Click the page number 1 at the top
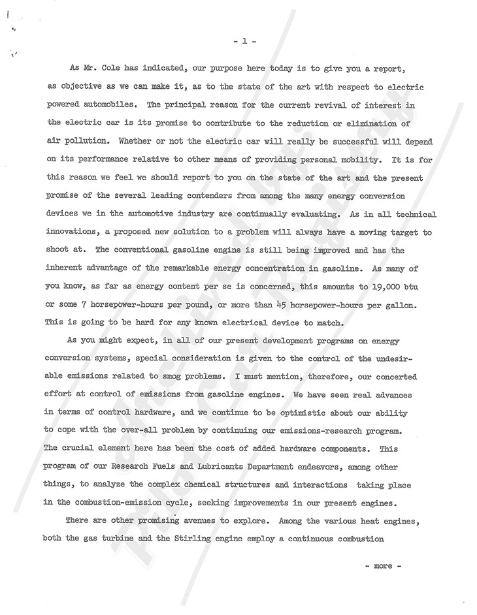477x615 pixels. click(x=244, y=40)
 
